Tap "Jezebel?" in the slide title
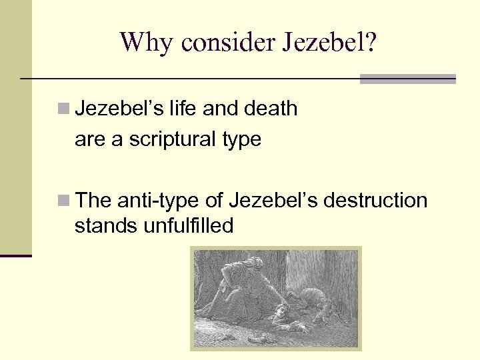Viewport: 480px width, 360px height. (x=330, y=43)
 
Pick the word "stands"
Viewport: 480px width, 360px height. (x=106, y=226)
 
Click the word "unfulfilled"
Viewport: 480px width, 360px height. (x=188, y=226)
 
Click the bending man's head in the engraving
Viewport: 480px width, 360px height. (x=253, y=261)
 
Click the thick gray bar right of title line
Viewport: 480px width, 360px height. (x=407, y=79)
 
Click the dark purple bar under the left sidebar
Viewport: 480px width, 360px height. (x=16, y=255)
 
